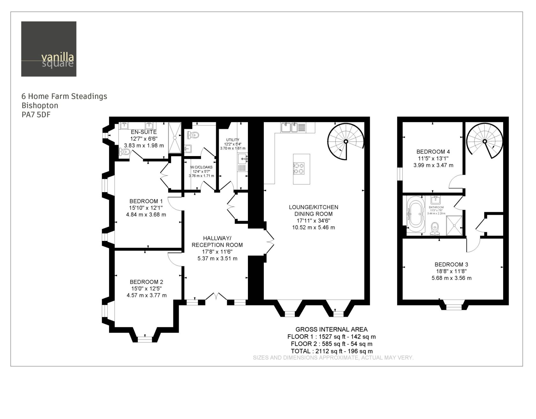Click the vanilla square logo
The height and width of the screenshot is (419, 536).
point(49,49)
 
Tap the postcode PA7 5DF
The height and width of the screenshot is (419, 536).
point(36,115)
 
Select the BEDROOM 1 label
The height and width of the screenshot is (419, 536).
point(146,201)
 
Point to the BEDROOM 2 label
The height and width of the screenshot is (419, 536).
point(146,282)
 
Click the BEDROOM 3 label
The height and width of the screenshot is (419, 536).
point(451,265)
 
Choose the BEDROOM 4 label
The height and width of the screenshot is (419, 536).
point(433,152)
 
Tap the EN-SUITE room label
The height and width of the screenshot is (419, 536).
point(144,132)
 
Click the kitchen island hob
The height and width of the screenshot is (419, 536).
point(299,168)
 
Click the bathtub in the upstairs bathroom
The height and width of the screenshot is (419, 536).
point(416,214)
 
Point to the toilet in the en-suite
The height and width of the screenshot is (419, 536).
point(125,152)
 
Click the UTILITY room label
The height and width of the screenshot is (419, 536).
point(233,140)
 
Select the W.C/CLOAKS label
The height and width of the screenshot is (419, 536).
point(201,167)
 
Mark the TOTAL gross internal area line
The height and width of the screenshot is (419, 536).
point(332,351)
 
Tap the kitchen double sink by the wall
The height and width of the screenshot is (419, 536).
point(289,127)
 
